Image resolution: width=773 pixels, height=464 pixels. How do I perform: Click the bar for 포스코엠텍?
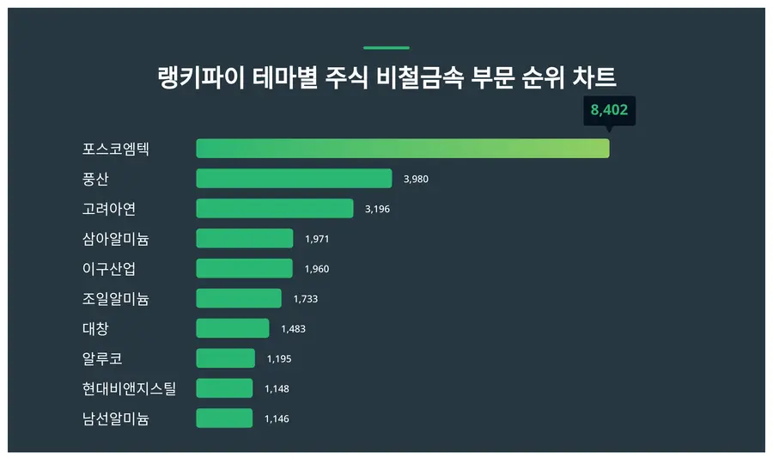pos(402,149)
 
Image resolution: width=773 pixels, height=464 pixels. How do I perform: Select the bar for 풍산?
pos(294,179)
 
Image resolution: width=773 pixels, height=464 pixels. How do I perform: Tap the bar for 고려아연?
pos(275,209)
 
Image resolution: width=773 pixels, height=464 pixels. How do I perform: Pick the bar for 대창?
pos(232,328)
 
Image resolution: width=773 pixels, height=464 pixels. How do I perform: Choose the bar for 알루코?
pos(225,358)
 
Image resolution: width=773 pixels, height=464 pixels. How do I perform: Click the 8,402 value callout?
pos(609,110)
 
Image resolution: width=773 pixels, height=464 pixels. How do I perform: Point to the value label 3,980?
pos(416,179)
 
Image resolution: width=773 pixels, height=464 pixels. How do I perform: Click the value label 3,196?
pos(377,209)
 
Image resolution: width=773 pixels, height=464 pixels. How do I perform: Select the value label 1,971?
pos(317,239)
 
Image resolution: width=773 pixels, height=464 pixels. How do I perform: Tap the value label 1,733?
pos(305,299)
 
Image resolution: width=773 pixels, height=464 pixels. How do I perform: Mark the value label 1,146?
pos(277,418)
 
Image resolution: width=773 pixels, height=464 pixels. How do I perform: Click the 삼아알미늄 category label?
pos(116,239)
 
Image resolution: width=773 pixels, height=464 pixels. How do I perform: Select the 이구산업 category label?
pos(109,269)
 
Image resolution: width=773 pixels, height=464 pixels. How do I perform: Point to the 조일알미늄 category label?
pos(116,299)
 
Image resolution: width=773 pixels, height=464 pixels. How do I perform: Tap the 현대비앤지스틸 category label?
pos(129,388)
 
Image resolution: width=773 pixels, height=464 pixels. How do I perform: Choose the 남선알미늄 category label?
pos(116,418)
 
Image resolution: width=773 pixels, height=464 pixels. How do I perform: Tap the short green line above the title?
pos(386,48)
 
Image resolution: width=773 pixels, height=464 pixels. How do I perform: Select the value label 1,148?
pos(277,388)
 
